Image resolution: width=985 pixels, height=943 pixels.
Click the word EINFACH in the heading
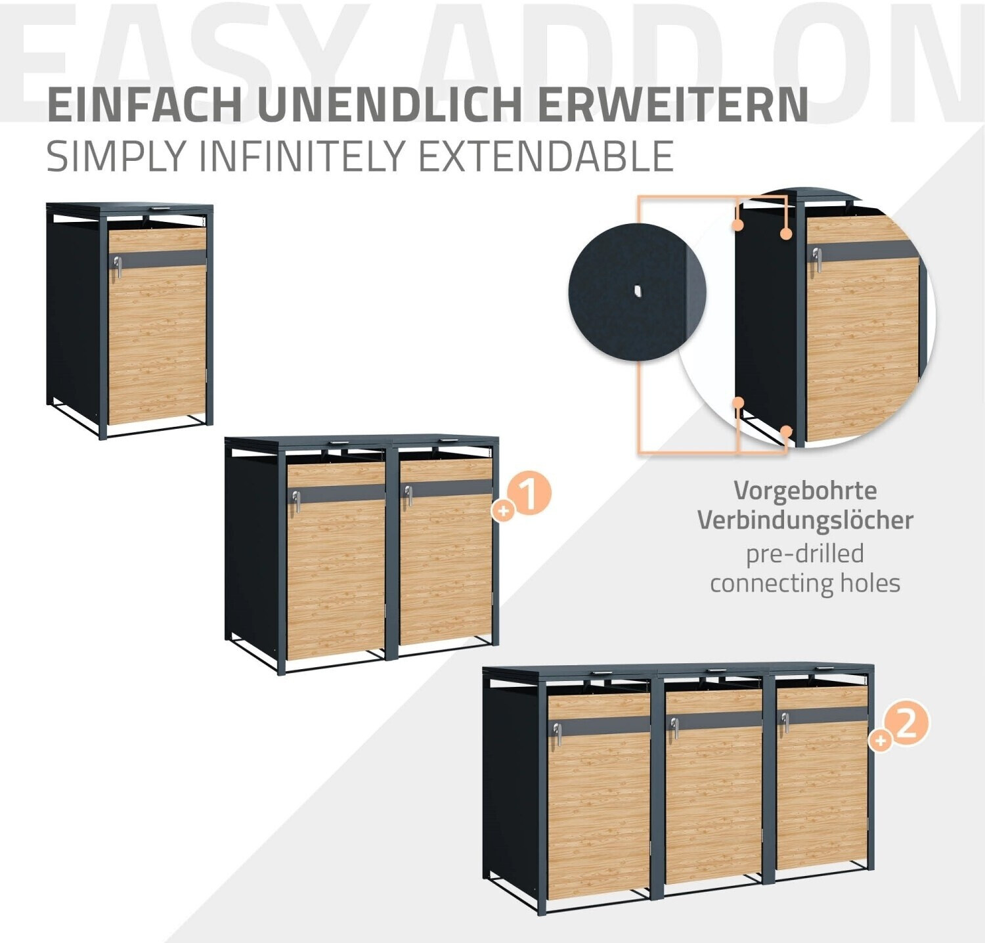click(145, 104)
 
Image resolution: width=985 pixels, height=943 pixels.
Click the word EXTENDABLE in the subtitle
click(546, 156)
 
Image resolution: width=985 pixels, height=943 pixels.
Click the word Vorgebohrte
click(805, 491)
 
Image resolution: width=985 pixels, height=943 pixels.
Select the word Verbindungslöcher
click(805, 520)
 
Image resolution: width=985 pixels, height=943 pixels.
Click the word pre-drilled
click(805, 553)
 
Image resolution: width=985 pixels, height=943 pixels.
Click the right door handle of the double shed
click(408, 495)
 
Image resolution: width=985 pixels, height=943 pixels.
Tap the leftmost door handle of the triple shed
click(558, 734)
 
